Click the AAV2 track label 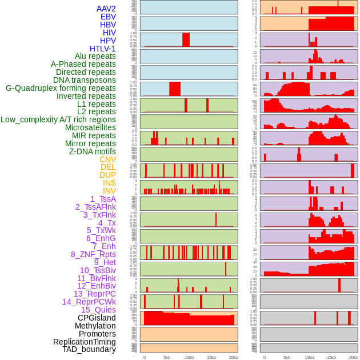point(106,9)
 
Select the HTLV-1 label point(103,49)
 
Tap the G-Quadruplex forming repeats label point(61,88)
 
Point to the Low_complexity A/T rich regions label point(58,119)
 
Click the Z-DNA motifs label point(93,151)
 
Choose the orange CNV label point(107,159)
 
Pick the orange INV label point(109,191)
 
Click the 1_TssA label point(103,199)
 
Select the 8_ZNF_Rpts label point(93,254)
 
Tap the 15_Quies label point(98,310)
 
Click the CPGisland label point(97,318)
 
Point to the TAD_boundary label point(89,349)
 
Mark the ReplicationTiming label point(84,342)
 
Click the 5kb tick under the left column point(167,357)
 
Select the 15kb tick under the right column point(331,357)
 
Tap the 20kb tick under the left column point(233,357)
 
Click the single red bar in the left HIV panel point(186,39)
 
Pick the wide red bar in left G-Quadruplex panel point(175,89)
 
